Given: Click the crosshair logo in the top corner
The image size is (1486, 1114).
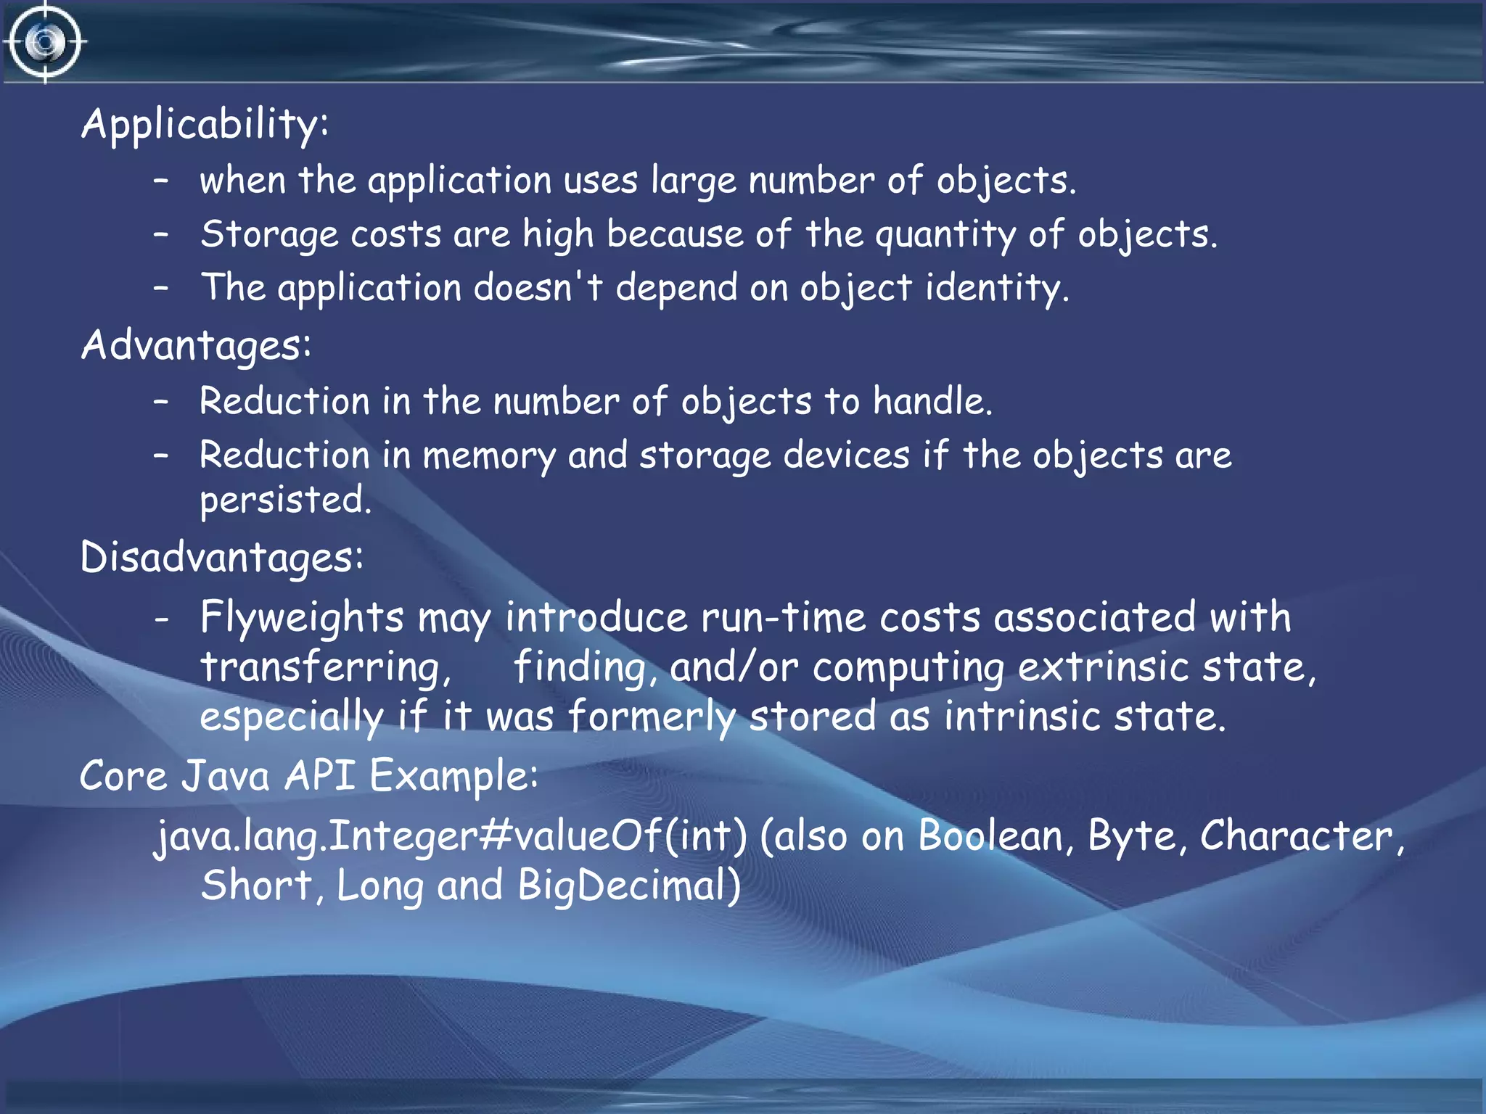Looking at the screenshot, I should (45, 42).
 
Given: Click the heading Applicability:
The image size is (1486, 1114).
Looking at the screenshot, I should (205, 124).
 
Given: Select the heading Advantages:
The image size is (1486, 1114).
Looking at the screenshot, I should (196, 345).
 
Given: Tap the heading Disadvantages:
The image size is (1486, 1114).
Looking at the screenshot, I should (221, 558).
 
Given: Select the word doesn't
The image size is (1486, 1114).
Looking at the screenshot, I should (538, 288).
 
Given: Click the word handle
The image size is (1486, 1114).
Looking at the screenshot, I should (932, 401).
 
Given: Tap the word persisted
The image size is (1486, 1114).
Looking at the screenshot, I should (285, 500).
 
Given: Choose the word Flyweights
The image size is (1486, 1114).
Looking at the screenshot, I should (302, 618).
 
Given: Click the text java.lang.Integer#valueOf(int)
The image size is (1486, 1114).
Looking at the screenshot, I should (451, 836).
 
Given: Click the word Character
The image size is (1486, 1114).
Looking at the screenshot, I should (1297, 836).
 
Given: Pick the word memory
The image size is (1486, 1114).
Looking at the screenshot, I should (488, 456).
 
